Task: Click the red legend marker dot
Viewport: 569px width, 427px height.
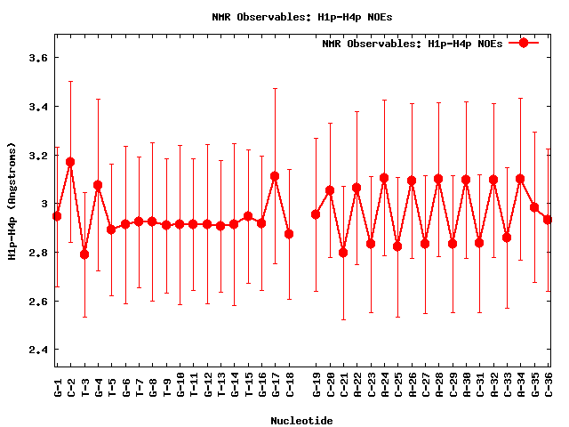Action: [x=524, y=43]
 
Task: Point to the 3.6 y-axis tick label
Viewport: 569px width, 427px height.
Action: [x=36, y=58]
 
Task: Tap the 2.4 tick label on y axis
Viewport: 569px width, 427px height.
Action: [x=36, y=350]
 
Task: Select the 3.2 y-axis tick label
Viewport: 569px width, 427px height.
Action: [x=36, y=155]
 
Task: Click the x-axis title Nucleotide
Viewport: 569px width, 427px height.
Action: [x=302, y=420]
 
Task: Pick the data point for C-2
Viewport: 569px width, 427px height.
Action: [x=70, y=162]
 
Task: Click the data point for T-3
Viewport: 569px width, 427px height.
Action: [x=84, y=254]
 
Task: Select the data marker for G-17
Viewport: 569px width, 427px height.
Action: [x=275, y=176]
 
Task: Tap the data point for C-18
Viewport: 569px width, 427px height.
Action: [x=289, y=234]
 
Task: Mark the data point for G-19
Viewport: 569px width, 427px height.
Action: [x=316, y=214]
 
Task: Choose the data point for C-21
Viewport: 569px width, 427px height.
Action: [x=343, y=253]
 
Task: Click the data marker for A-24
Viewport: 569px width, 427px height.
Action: [x=384, y=178]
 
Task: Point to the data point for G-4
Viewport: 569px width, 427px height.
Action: [x=98, y=185]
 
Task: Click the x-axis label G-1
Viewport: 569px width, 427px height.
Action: [x=58, y=387]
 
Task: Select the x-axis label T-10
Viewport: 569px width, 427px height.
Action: [x=180, y=387]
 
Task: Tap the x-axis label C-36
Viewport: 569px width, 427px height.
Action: [x=549, y=387]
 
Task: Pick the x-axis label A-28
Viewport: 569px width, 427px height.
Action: [x=439, y=387]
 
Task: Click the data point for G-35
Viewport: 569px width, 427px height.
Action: [x=534, y=207]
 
